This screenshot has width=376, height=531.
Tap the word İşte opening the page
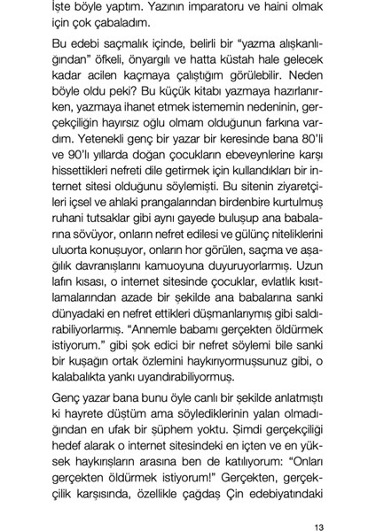67,8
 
